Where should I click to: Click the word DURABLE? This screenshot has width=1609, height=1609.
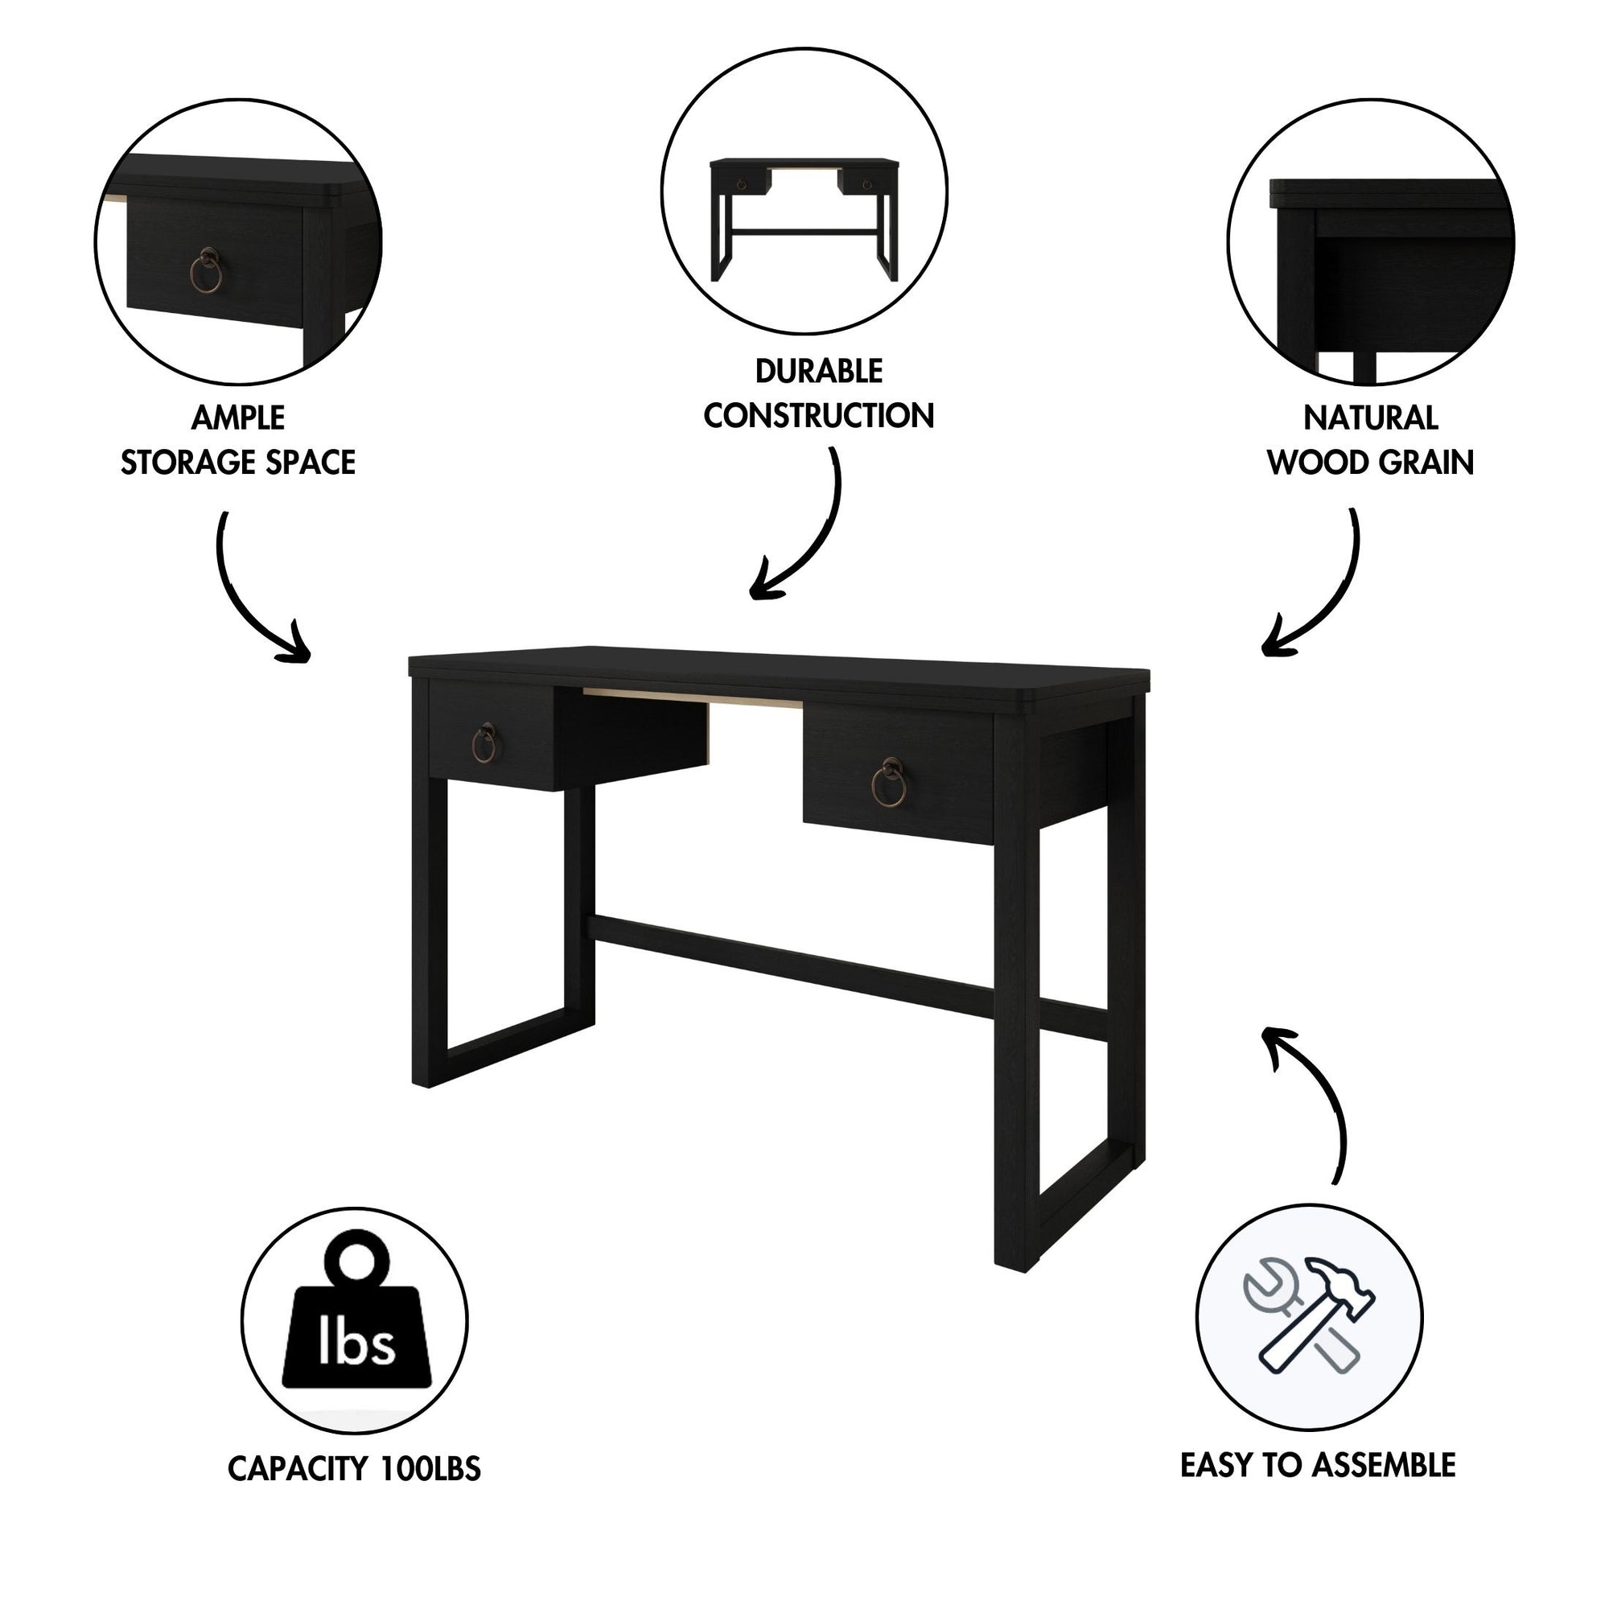(x=819, y=372)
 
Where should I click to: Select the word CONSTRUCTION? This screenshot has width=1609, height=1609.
(x=819, y=416)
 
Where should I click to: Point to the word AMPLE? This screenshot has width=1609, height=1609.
(x=238, y=418)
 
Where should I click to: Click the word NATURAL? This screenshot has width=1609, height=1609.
(x=1370, y=418)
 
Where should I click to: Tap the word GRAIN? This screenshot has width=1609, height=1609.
(x=1424, y=463)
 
